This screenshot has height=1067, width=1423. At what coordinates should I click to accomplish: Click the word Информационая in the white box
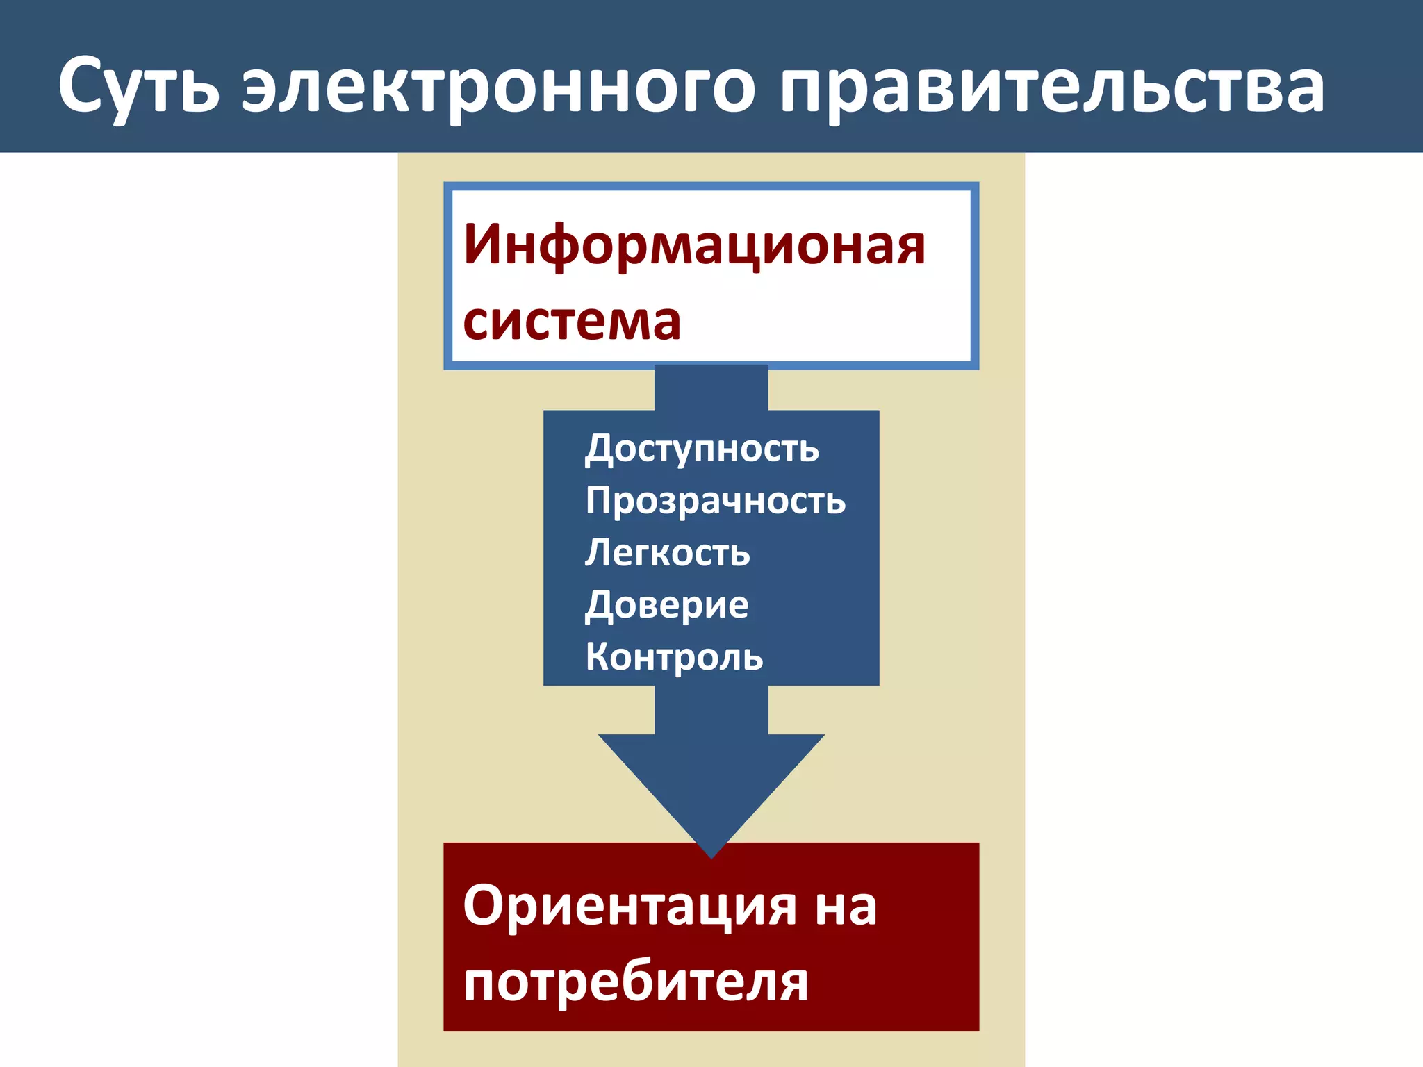coord(694,245)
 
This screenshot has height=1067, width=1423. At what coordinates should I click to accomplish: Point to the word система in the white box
coord(572,321)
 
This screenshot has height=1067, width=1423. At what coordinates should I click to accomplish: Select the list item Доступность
coord(702,449)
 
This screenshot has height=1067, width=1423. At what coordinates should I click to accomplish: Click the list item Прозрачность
coord(715,501)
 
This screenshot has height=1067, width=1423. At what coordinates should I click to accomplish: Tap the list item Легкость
coord(667,553)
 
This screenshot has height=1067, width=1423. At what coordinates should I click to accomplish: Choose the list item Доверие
coord(666,605)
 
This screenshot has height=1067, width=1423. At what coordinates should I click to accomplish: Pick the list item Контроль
coord(674,657)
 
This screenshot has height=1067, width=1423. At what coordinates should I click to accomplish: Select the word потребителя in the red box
coord(636,982)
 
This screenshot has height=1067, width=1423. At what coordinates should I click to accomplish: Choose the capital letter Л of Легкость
coord(599,552)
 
